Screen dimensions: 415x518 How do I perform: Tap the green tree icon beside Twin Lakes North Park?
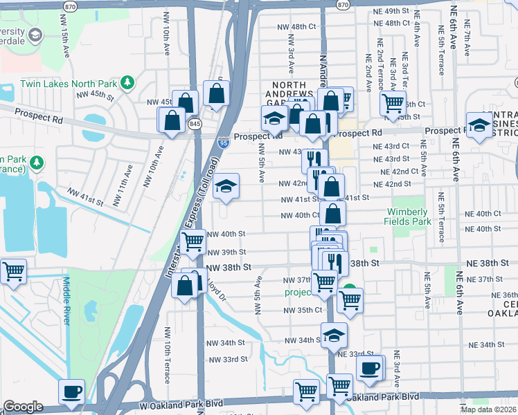click(127, 84)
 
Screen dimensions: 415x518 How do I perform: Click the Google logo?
click(23, 407)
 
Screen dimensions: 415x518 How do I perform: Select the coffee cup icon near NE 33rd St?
click(370, 368)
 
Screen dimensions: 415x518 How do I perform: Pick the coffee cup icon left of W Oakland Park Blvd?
click(72, 391)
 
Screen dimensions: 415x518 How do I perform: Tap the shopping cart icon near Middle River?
click(12, 271)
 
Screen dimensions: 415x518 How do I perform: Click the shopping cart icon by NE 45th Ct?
click(393, 103)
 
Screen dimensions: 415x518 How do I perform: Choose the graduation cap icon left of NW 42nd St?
click(225, 187)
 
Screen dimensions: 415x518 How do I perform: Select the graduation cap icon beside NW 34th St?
click(334, 335)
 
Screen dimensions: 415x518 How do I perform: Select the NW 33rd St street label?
click(229, 359)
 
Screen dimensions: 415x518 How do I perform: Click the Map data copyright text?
click(488, 409)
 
